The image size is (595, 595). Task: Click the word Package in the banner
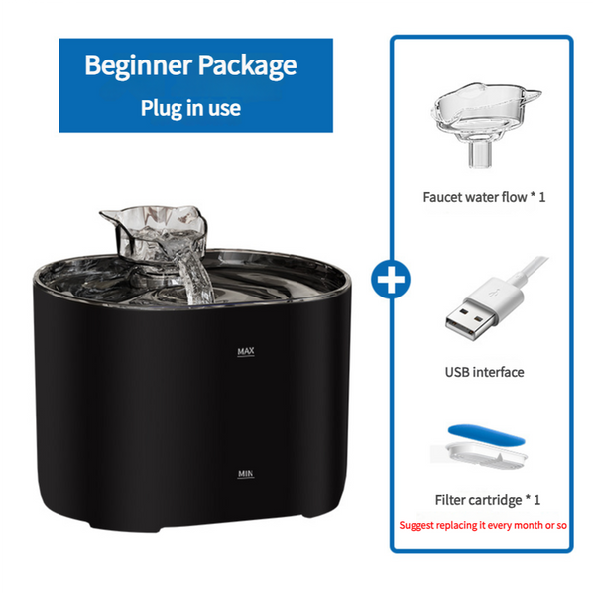(247, 66)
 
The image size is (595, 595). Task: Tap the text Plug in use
(190, 107)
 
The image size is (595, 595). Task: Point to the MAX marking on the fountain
(247, 352)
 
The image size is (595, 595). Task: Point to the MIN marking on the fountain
(247, 475)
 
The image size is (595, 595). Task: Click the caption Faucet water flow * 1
(484, 197)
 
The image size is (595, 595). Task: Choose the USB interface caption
(484, 372)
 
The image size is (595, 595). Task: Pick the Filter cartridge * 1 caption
(483, 500)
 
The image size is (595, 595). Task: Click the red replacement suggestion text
(483, 523)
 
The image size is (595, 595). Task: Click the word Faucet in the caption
(445, 197)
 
